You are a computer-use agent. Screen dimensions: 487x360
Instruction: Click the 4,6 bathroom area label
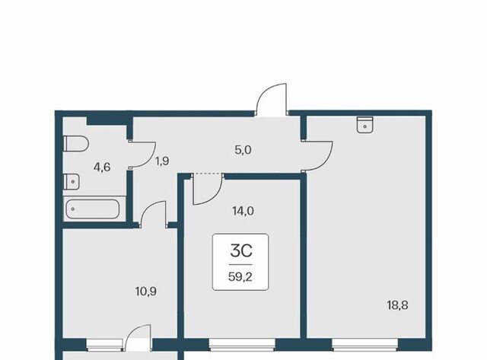(102, 167)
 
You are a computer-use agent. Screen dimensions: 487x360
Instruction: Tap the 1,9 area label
(162, 161)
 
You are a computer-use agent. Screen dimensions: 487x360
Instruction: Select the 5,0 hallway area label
(243, 151)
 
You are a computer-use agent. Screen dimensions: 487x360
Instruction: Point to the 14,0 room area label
(243, 212)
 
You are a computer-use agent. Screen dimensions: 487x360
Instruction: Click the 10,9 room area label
(146, 292)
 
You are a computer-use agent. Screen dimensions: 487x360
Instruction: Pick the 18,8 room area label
(397, 305)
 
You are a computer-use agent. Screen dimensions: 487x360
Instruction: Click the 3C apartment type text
(241, 251)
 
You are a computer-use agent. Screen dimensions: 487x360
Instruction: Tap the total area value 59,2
(240, 276)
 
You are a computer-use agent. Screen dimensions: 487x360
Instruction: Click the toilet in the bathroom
(76, 144)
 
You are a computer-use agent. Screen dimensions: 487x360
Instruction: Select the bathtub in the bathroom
(91, 209)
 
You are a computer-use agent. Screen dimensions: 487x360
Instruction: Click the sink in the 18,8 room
(364, 125)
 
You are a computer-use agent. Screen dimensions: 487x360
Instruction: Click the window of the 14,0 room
(242, 345)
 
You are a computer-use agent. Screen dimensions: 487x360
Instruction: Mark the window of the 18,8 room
(365, 345)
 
